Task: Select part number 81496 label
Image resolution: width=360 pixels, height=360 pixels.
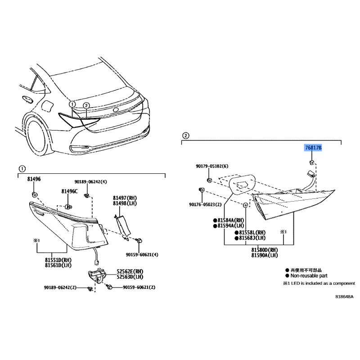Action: click(34, 179)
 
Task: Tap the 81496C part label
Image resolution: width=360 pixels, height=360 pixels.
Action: click(69, 192)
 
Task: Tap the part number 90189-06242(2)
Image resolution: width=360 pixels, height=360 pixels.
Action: click(60, 288)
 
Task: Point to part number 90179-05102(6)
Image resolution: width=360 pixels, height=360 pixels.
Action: click(212, 166)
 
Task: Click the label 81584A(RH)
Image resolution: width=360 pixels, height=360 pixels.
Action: click(230, 220)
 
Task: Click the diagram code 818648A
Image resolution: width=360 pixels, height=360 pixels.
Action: click(344, 297)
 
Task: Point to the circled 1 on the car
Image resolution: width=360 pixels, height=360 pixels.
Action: click(72, 104)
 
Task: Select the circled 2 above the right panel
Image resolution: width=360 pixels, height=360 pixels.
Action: click(186, 135)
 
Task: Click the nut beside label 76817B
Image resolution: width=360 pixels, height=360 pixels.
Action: click(311, 162)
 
